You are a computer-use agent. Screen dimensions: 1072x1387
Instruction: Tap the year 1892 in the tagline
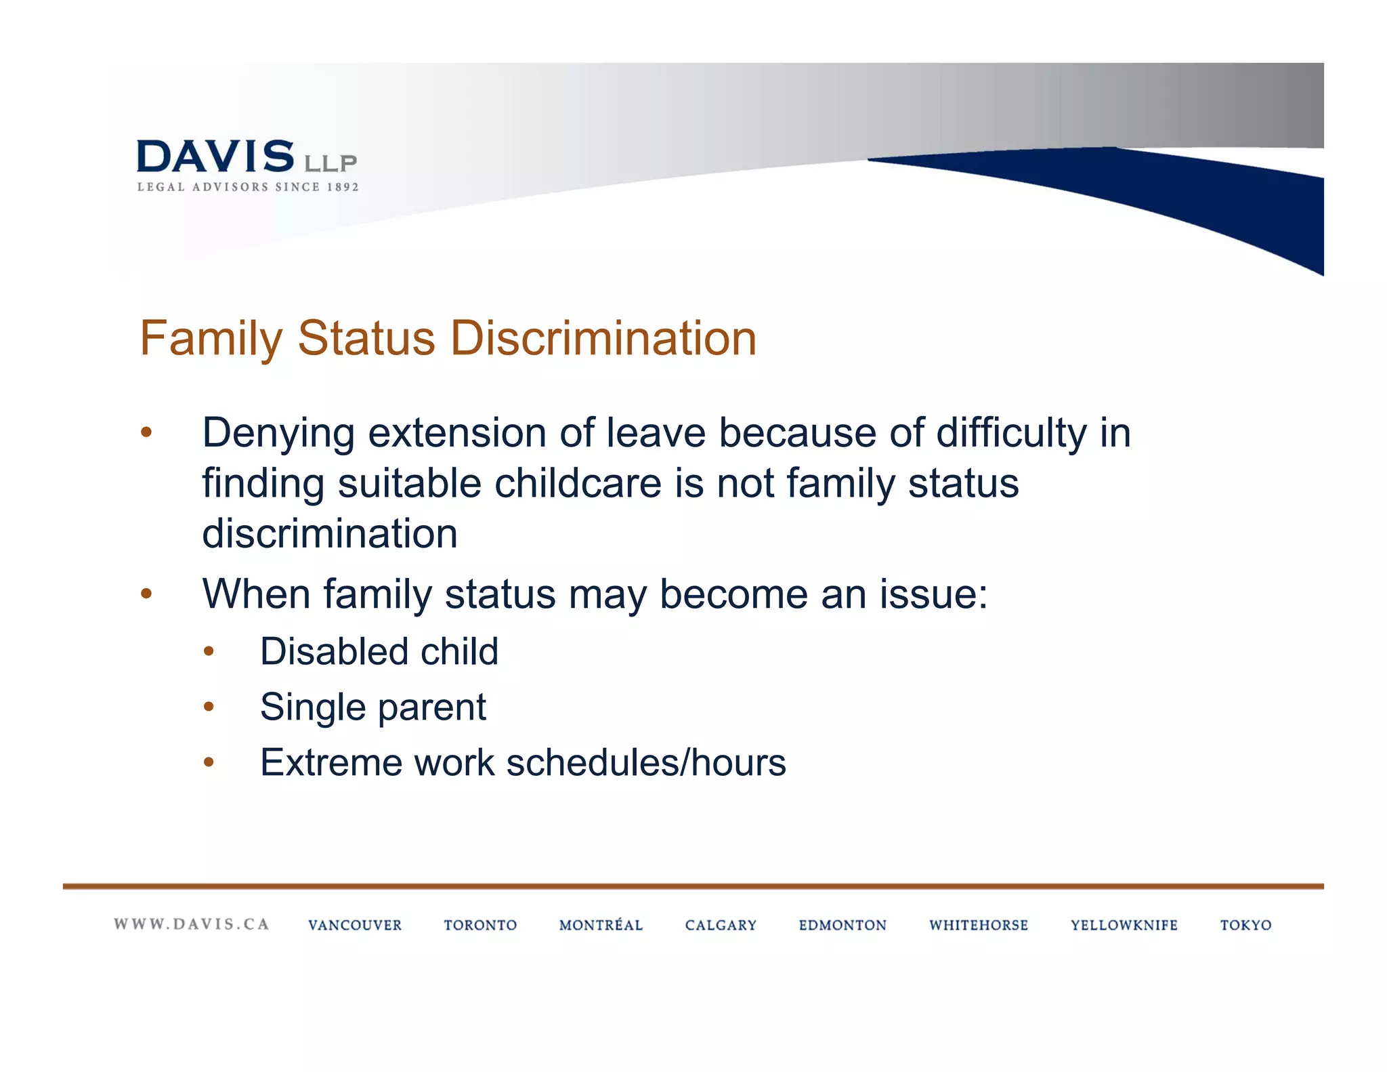click(x=343, y=188)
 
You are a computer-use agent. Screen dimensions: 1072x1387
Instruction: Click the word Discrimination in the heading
click(x=603, y=338)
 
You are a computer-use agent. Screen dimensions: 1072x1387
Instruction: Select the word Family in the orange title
click(x=211, y=338)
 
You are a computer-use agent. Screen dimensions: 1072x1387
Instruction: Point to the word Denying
click(x=278, y=433)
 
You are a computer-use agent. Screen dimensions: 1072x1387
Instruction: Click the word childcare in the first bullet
click(x=578, y=484)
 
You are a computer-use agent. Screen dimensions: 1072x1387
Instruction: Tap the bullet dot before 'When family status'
click(x=146, y=594)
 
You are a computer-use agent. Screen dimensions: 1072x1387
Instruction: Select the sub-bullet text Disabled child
click(x=379, y=652)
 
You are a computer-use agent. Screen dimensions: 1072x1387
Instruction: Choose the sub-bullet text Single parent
click(x=373, y=707)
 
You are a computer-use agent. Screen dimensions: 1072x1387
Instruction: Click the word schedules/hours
click(x=646, y=763)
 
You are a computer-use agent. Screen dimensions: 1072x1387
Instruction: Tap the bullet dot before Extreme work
click(x=209, y=763)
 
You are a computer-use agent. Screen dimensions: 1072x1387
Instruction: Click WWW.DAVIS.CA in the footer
click(x=192, y=924)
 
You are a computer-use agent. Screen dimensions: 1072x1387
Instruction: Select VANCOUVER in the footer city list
click(x=355, y=926)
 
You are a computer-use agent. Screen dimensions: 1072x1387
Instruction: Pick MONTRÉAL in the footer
click(x=601, y=925)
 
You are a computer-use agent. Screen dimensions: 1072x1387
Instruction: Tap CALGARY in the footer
click(x=721, y=926)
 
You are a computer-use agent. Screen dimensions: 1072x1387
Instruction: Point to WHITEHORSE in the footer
click(x=979, y=926)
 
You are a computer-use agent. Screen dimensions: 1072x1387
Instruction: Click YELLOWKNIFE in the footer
click(x=1124, y=926)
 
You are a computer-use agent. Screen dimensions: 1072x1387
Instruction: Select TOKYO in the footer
click(x=1245, y=926)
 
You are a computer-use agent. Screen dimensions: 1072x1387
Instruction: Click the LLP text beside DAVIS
click(x=330, y=163)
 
